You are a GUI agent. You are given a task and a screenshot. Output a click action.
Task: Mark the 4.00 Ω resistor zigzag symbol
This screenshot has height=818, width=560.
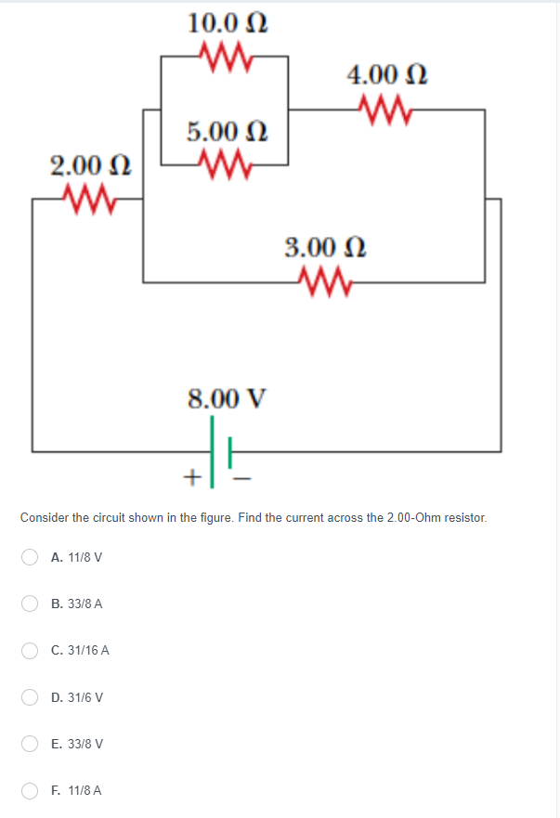pyautogui.click(x=383, y=110)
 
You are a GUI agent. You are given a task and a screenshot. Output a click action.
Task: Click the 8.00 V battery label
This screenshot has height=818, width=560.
pyautogui.click(x=228, y=399)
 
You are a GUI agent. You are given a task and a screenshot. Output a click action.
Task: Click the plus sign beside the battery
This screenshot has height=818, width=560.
pyautogui.click(x=191, y=478)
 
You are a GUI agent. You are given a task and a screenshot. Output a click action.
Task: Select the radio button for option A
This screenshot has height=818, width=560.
pyautogui.click(x=31, y=557)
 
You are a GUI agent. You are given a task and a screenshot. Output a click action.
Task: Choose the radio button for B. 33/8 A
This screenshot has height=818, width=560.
pyautogui.click(x=31, y=604)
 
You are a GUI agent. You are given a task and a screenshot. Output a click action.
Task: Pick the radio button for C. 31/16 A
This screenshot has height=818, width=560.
pyautogui.click(x=31, y=651)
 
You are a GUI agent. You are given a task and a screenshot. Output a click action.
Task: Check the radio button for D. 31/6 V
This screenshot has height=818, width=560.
pyautogui.click(x=31, y=697)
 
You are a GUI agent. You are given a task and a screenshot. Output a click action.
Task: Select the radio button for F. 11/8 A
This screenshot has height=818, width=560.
pyautogui.click(x=31, y=791)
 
